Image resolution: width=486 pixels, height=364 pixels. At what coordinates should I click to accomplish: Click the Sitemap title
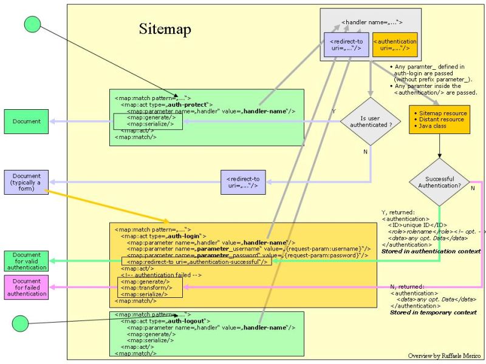pos(165,29)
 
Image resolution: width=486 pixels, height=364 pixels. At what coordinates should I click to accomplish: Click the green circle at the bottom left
pos(20,323)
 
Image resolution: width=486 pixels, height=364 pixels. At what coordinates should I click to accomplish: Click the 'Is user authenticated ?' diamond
pos(370,121)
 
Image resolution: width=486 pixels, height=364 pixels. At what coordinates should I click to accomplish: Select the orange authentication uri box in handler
pos(395,45)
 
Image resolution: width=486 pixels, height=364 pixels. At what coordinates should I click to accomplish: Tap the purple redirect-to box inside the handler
pos(346,45)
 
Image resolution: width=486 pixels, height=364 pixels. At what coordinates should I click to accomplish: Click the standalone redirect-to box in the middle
pos(243,182)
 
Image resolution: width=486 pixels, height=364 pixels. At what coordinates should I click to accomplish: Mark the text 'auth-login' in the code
pos(185,235)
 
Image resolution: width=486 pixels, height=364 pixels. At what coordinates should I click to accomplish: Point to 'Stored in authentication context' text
pos(431,251)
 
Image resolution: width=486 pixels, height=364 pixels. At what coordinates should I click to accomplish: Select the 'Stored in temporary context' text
pos(433,312)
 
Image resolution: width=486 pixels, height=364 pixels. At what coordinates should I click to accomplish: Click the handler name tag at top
pos(372,23)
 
